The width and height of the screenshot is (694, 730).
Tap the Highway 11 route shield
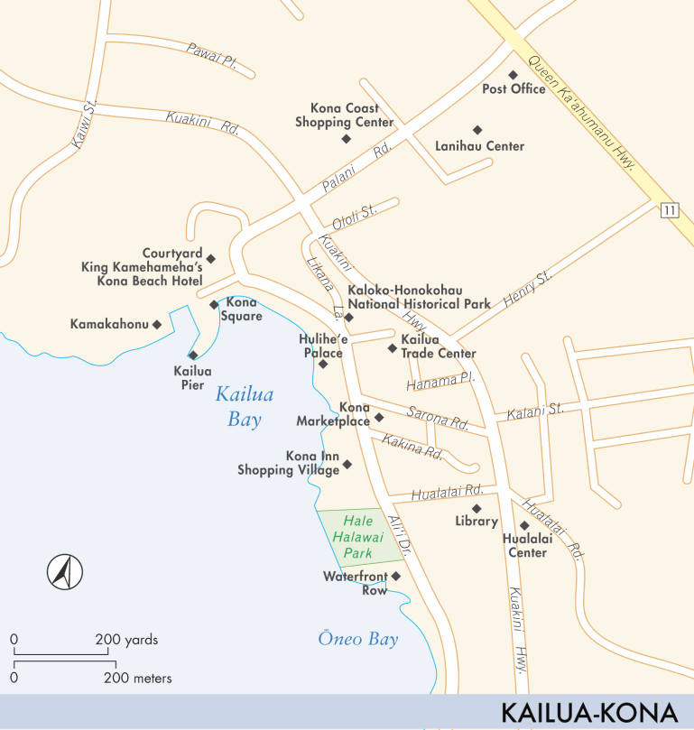tap(667, 211)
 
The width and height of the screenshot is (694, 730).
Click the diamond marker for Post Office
tap(513, 75)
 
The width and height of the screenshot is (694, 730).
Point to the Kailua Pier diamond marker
tap(193, 355)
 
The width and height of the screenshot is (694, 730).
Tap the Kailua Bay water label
tap(244, 407)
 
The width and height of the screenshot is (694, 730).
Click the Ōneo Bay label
tap(357, 640)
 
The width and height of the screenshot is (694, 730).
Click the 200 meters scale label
tap(138, 678)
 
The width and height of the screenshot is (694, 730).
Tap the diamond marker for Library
tap(477, 508)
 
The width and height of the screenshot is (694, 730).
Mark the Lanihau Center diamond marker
tap(477, 130)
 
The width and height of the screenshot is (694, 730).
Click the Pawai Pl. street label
tap(211, 57)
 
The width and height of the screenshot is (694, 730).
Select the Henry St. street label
tap(528, 290)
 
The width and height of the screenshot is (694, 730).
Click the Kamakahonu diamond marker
tap(157, 324)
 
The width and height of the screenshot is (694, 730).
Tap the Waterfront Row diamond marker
tap(395, 576)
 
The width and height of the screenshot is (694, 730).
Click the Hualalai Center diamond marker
tap(523, 526)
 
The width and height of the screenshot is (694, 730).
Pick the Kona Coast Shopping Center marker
tap(346, 138)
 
